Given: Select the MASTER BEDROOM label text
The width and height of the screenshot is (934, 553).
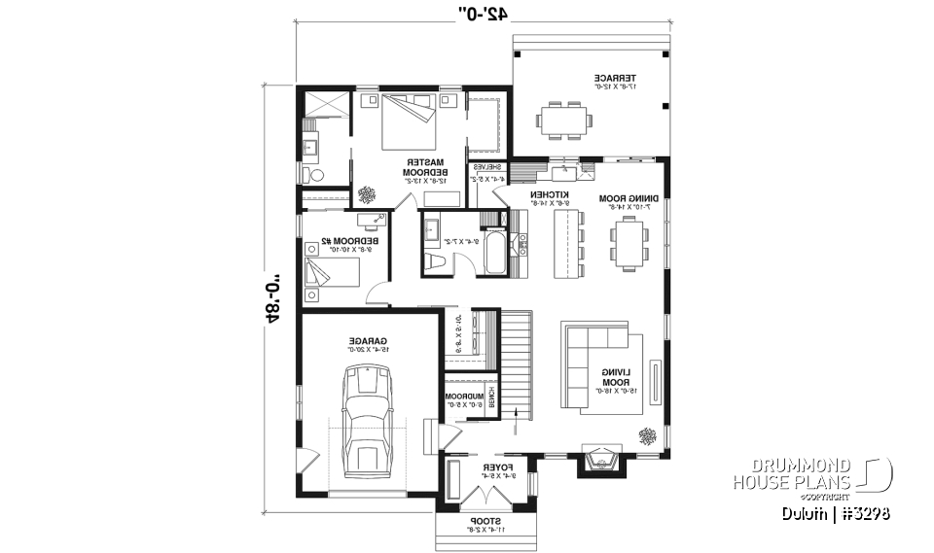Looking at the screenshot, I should click(425, 168).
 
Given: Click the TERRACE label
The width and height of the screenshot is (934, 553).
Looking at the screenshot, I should click(615, 81).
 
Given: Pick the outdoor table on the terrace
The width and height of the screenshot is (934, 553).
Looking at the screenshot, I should click(563, 119).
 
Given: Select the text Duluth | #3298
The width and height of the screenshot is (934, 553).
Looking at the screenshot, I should click(834, 513).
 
